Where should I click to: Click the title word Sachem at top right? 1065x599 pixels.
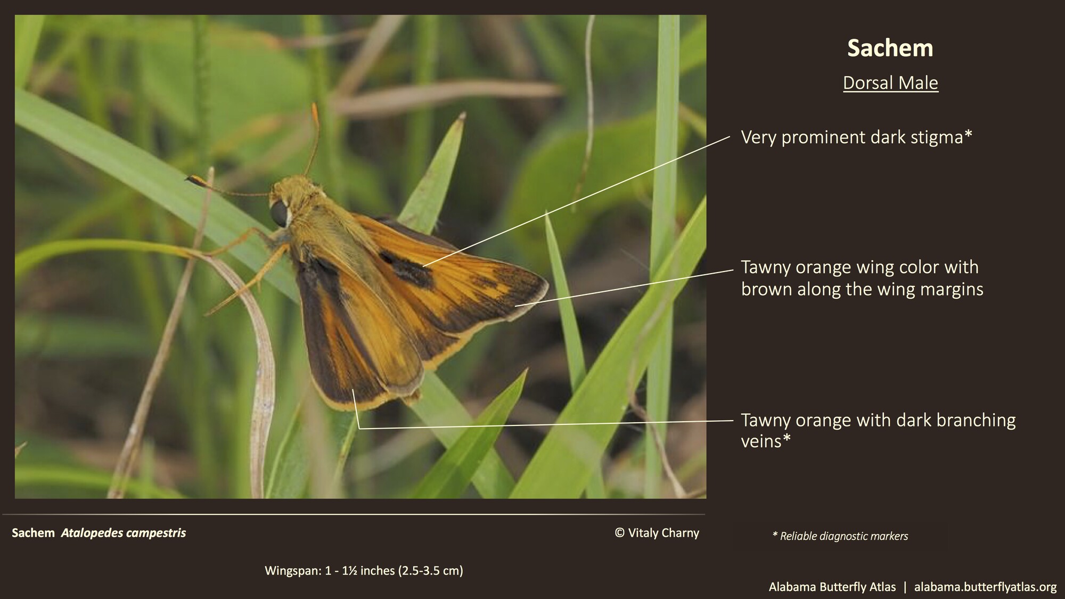coord(890,48)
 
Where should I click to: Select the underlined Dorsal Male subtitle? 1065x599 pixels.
coord(890,83)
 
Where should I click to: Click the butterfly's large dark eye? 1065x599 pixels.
coord(279,213)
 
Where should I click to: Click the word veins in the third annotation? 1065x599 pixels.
coord(761,441)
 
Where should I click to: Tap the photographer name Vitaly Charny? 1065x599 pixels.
coord(663,533)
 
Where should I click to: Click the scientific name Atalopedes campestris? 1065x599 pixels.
coord(124,533)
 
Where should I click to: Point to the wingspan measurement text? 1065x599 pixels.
coord(364,571)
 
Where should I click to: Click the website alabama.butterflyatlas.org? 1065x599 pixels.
coord(985,587)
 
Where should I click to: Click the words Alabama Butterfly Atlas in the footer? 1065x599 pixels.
coord(832,587)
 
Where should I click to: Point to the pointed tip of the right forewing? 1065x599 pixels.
coord(546,284)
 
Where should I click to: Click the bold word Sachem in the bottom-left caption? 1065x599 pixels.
coord(33,533)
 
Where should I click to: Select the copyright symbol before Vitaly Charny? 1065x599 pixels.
coord(619,533)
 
